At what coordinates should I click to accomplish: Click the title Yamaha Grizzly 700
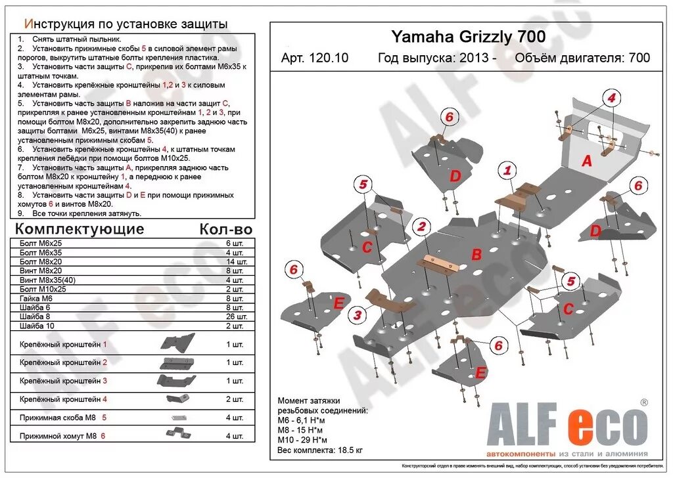pos(468,37)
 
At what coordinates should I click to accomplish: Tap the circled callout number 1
pos(506,171)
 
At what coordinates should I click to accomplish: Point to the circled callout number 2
pos(422,227)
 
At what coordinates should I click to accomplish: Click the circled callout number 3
pos(357,315)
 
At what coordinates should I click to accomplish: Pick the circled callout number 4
pos(611,98)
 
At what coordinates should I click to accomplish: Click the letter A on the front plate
pos(587,160)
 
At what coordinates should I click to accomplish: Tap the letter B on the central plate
pos(476,255)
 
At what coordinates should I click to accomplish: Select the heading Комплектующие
pos(79,229)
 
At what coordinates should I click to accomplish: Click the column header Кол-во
pos(225,229)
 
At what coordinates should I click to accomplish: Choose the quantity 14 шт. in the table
pos(235,261)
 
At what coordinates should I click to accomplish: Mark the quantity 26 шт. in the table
pos(235,316)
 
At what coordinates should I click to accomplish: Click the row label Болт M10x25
pos(43,289)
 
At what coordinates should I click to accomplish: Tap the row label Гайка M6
pos(37,298)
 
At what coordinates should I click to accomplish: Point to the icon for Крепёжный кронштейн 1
pos(178,343)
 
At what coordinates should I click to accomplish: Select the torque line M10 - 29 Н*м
pos(302,439)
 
